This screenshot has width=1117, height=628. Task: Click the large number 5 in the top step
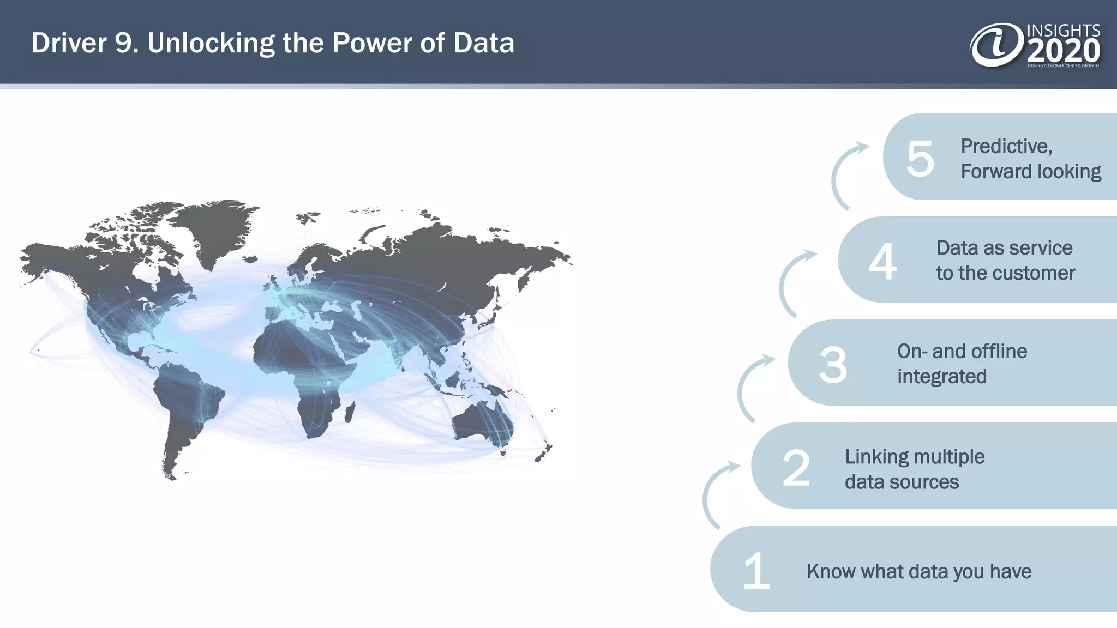tap(920, 159)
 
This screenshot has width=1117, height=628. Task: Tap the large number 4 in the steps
tap(883, 262)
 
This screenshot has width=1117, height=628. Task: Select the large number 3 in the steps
tap(833, 365)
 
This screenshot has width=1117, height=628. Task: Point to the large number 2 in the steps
tap(796, 468)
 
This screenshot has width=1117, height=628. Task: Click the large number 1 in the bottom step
tap(756, 571)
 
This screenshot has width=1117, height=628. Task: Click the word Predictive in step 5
tap(1005, 146)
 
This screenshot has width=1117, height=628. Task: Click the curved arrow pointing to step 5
tap(843, 174)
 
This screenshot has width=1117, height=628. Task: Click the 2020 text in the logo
tap(1063, 52)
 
